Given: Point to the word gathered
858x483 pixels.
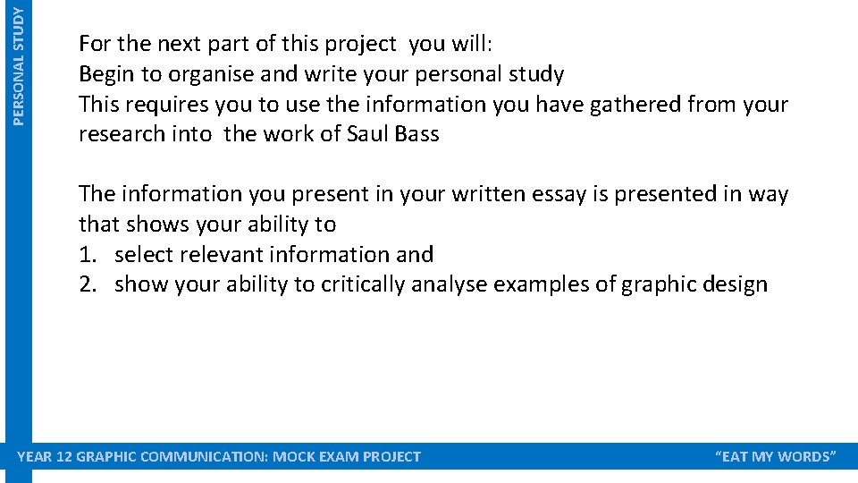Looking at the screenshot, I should pyautogui.click(x=631, y=105).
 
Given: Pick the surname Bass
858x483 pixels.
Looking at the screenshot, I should pyautogui.click(x=417, y=135).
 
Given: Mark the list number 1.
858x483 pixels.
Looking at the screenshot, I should pyautogui.click(x=88, y=255).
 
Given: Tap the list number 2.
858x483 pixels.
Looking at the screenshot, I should pyautogui.click(x=88, y=285).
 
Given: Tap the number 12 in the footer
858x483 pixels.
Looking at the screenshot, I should pyautogui.click(x=63, y=457).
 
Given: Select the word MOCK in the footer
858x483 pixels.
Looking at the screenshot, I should pyautogui.click(x=294, y=457).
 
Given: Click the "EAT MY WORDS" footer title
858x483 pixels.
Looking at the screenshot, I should pyautogui.click(x=776, y=457).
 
